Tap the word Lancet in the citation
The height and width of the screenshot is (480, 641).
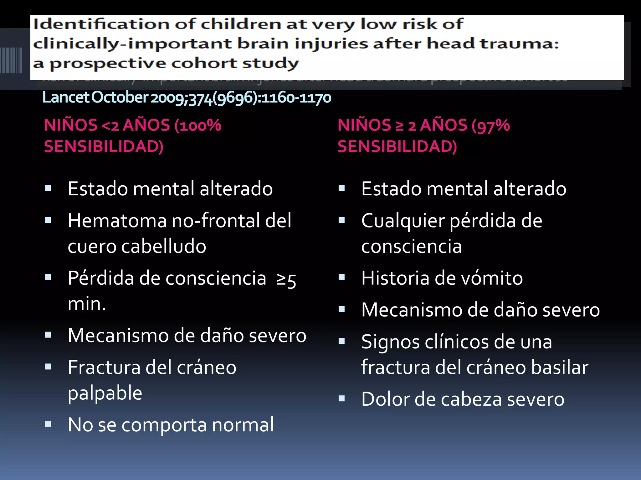[66, 97]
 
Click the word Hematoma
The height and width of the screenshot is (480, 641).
[117, 221]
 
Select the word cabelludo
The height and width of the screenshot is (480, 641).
[163, 246]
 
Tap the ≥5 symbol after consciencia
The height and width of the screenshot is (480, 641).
[286, 279]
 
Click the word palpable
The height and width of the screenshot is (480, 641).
[105, 393]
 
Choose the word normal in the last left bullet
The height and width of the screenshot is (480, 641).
[243, 425]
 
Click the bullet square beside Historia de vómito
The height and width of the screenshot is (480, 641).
[341, 277]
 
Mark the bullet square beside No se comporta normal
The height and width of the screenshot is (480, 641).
[48, 424]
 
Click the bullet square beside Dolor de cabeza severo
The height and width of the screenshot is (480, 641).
[341, 398]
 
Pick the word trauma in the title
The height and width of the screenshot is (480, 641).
[519, 44]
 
